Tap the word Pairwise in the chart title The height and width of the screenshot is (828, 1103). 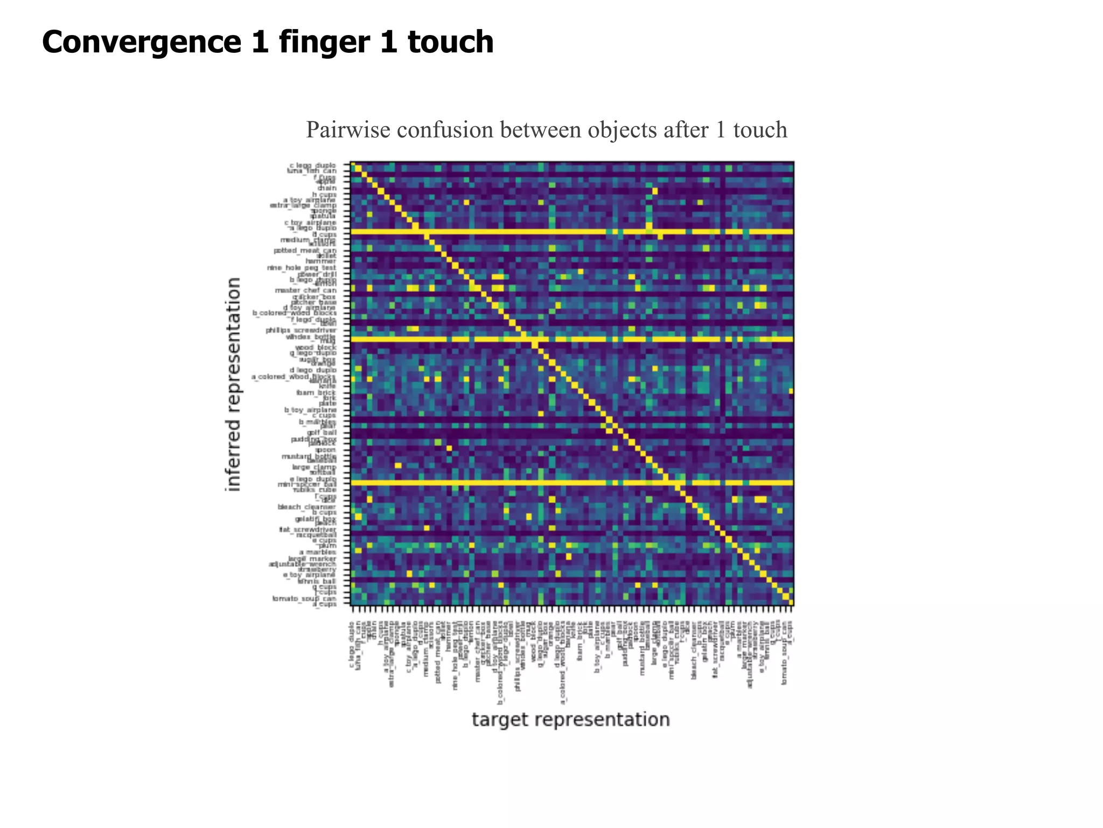[x=345, y=130]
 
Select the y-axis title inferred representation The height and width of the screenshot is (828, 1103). [x=233, y=384]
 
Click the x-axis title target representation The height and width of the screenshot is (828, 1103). [x=571, y=720]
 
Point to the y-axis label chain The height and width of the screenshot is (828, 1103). [x=327, y=188]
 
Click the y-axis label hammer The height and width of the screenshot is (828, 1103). [x=320, y=261]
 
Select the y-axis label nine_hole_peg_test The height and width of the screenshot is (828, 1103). [x=302, y=268]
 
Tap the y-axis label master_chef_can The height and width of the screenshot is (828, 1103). [x=305, y=291]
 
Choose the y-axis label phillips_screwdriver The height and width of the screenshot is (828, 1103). [x=301, y=330]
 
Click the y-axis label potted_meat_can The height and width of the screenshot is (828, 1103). [x=305, y=251]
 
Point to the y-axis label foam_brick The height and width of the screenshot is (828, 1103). [x=319, y=392]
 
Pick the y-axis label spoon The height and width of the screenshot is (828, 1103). [x=325, y=450]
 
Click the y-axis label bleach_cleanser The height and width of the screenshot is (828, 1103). [x=306, y=507]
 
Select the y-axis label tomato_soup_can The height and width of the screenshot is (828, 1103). [x=304, y=598]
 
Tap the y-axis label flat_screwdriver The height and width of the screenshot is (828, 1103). [x=308, y=529]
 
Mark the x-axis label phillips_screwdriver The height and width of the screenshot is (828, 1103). [x=518, y=658]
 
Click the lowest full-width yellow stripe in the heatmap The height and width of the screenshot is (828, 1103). [x=571, y=483]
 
